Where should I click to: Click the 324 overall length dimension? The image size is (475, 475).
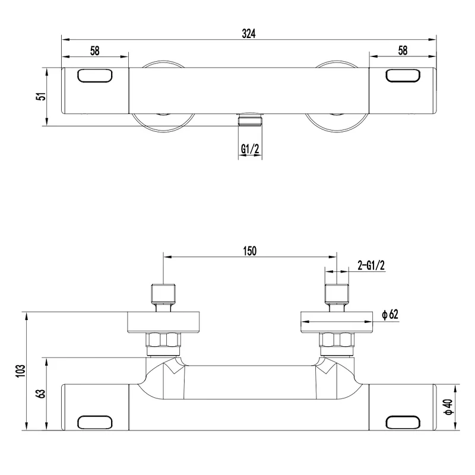click(249, 33)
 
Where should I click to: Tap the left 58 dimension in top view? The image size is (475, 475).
click(95, 50)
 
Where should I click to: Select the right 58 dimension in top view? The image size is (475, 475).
click(403, 50)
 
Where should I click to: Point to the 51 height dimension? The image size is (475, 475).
click(41, 96)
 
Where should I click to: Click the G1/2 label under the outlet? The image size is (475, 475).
click(250, 149)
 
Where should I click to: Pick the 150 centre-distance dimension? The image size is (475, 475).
click(249, 251)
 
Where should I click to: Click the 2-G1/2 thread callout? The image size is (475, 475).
click(371, 265)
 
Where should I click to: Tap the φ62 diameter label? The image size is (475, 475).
click(390, 315)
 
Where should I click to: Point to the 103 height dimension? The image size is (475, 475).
click(21, 370)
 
